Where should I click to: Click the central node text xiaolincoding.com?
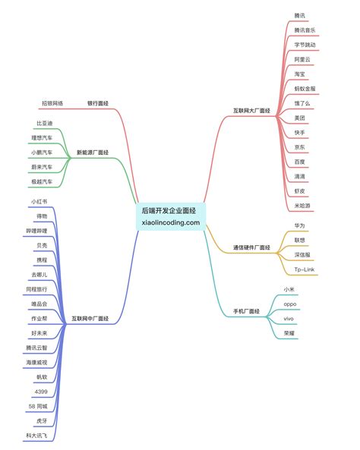(x=171, y=222)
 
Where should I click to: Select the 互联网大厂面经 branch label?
(x=251, y=111)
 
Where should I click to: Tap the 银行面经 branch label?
(x=98, y=103)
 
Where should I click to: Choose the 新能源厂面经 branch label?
(x=93, y=153)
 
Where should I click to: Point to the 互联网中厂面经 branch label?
(x=90, y=319)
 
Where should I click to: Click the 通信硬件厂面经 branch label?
(x=251, y=247)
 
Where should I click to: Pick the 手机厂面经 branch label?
(x=246, y=311)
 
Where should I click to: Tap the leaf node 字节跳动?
(x=305, y=45)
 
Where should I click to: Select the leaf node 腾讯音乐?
(x=305, y=30)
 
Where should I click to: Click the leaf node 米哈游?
(x=302, y=206)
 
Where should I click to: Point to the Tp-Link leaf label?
(x=305, y=269)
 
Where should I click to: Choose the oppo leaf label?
(x=290, y=304)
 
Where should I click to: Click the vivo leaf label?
(x=289, y=319)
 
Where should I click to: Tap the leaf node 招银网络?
(x=52, y=103)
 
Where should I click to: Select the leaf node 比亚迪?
(x=45, y=124)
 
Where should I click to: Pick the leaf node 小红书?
(x=39, y=202)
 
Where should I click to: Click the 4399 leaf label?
(x=41, y=392)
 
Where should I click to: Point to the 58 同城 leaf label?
(x=38, y=407)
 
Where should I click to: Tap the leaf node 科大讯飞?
(x=36, y=436)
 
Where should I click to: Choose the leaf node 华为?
(x=299, y=225)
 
